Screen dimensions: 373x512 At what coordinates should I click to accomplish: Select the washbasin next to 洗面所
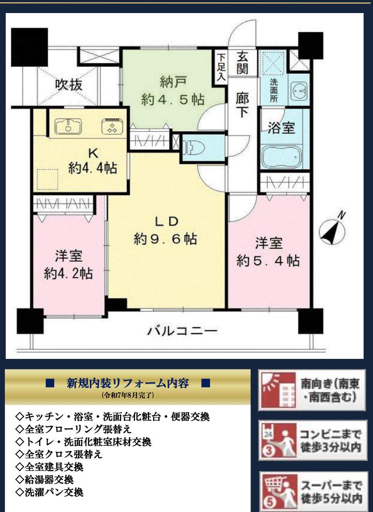tap(300, 91)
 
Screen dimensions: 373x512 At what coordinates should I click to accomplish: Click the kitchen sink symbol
tap(68, 126)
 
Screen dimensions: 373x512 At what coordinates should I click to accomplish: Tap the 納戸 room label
tap(173, 82)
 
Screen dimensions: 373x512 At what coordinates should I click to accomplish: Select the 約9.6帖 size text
tap(165, 239)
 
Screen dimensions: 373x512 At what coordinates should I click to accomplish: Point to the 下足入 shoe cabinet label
tap(221, 67)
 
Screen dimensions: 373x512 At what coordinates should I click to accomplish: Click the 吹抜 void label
tap(69, 85)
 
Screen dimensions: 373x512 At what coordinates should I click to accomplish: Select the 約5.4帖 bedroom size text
tap(268, 261)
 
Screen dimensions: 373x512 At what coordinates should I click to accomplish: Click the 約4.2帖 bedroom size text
tap(68, 274)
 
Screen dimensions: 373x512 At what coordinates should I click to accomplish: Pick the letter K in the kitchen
tap(93, 154)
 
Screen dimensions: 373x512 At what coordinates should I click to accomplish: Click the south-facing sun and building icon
tap(279, 391)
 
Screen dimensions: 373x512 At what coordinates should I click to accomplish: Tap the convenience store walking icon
tap(279, 442)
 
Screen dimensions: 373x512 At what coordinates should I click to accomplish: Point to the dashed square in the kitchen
tap(48, 179)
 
